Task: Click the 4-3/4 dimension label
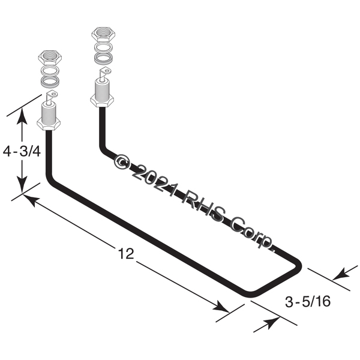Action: point(22,152)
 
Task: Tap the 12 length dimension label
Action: point(126,254)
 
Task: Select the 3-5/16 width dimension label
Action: point(308,301)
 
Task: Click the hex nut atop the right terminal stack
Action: point(103,34)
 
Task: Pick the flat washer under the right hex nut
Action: point(104,47)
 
